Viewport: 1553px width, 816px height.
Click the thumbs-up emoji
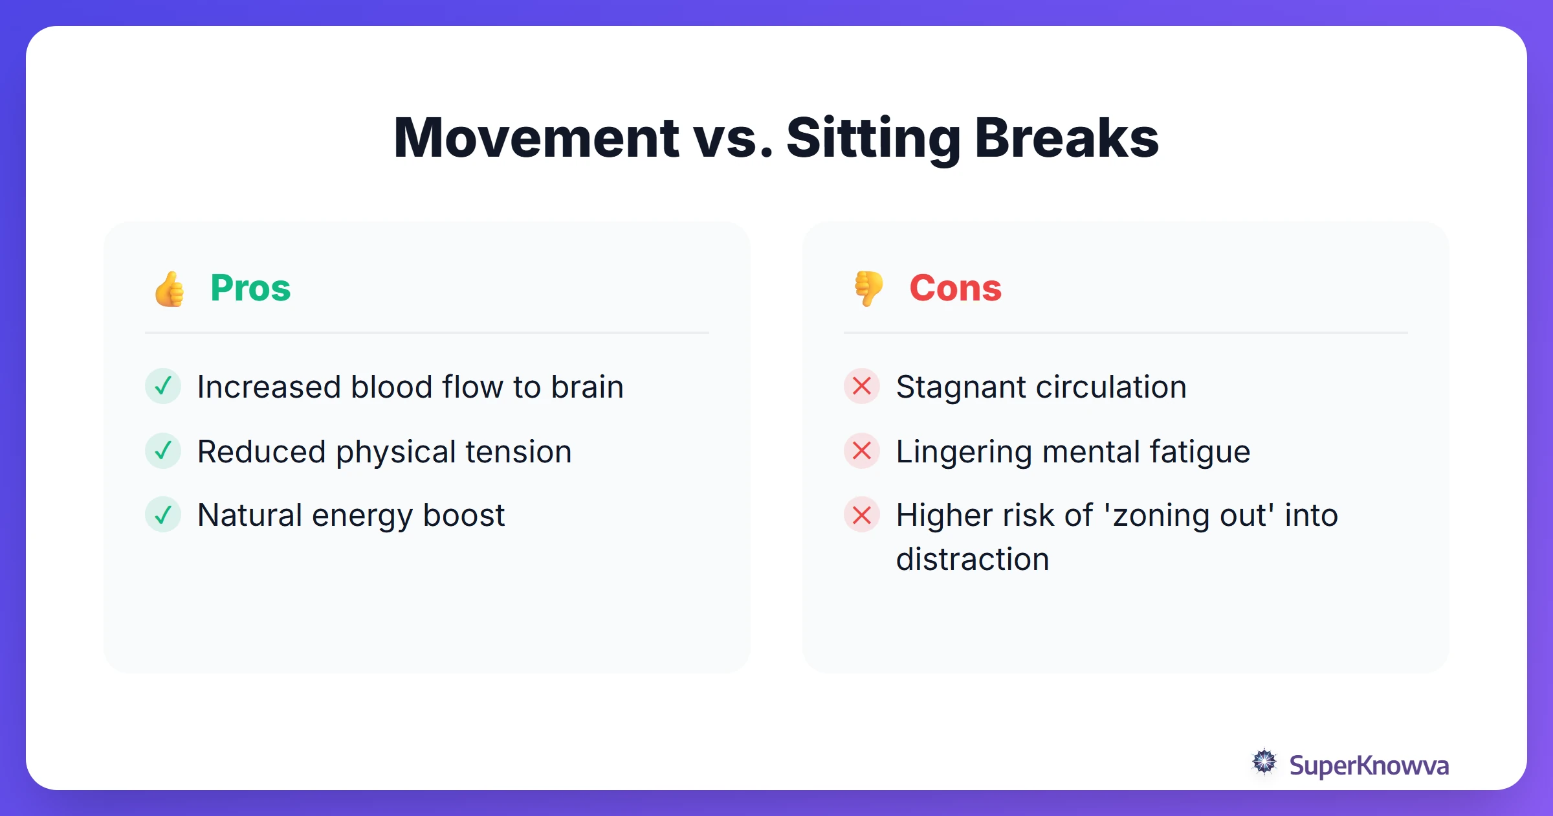[x=170, y=289]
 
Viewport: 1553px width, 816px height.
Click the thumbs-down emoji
[x=868, y=288]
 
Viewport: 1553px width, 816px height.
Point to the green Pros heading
[x=250, y=288]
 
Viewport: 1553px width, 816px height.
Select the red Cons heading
[x=955, y=288]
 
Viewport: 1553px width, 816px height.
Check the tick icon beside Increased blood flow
[x=163, y=386]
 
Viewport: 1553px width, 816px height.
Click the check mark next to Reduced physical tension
[x=163, y=451]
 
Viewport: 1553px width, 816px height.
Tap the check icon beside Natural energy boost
[x=163, y=515]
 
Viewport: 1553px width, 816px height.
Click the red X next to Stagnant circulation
[x=862, y=386]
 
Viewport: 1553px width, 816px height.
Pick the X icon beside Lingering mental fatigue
[x=862, y=451]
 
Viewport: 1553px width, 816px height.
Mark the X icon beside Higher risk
[x=862, y=515]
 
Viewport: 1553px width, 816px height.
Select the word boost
[x=463, y=516]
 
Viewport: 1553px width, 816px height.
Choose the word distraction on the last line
[x=972, y=560]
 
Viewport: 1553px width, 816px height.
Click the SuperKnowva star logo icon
[x=1264, y=762]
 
